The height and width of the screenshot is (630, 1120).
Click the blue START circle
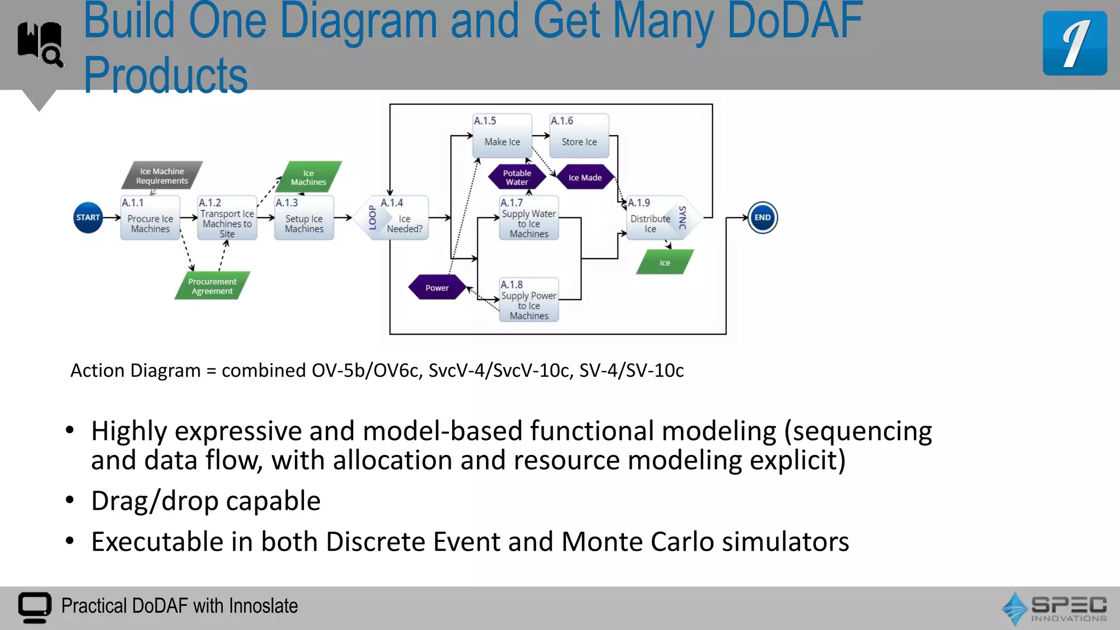[88, 218]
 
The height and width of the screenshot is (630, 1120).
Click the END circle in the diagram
[762, 218]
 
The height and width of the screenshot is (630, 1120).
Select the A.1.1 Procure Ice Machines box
[150, 218]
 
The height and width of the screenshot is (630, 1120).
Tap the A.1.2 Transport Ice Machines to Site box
[227, 218]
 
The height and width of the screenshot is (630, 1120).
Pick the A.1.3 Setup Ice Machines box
[304, 218]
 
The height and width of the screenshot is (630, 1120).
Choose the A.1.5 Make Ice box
[502, 136]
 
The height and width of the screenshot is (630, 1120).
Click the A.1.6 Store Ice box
[579, 136]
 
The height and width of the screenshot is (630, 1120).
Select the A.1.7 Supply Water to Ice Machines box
[529, 218]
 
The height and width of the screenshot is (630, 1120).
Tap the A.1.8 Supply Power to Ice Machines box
[529, 300]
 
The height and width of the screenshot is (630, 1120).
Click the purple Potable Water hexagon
[517, 177]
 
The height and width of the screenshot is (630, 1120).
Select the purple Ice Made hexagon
[585, 177]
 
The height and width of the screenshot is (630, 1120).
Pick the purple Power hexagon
[437, 288]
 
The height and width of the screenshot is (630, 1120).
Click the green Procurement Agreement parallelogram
[212, 286]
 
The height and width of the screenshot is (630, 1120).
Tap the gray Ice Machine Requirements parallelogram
[162, 176]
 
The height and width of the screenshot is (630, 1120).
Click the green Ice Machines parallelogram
[308, 177]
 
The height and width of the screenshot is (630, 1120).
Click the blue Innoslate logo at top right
[1075, 43]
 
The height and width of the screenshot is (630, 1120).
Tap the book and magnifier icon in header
[40, 44]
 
